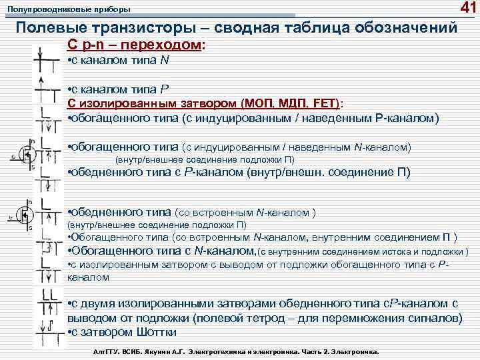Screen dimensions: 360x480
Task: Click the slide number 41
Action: (x=465, y=8)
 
